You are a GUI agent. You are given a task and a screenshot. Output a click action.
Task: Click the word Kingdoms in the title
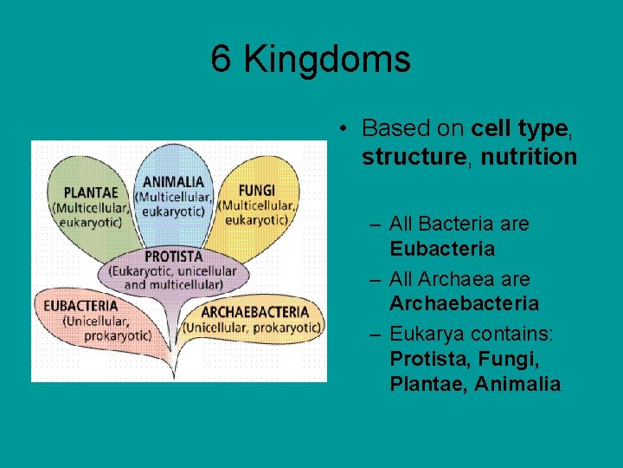tap(327, 60)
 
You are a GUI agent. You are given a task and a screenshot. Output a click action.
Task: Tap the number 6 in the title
tap(222, 60)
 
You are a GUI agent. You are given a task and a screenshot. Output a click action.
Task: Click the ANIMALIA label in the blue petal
tap(174, 182)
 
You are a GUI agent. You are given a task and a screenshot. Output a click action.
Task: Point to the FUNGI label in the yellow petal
tap(256, 190)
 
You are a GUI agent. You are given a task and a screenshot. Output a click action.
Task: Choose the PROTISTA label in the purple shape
tap(174, 257)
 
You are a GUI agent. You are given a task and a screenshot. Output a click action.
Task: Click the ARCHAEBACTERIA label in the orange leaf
tap(254, 311)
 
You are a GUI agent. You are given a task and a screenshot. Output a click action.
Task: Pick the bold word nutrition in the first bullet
tap(529, 157)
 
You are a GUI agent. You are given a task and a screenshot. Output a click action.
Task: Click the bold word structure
tap(414, 157)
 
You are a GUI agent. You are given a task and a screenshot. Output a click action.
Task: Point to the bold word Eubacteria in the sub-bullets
tap(442, 249)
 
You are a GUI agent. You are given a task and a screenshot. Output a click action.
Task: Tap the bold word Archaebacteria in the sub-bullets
tap(464, 303)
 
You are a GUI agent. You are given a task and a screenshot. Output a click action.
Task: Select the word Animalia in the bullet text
tap(517, 384)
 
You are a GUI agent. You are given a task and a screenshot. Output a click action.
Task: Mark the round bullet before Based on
tap(344, 129)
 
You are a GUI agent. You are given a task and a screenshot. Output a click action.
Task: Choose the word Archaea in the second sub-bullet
tap(463, 279)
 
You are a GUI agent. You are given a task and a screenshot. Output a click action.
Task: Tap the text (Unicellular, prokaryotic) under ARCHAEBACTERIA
tap(252, 327)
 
